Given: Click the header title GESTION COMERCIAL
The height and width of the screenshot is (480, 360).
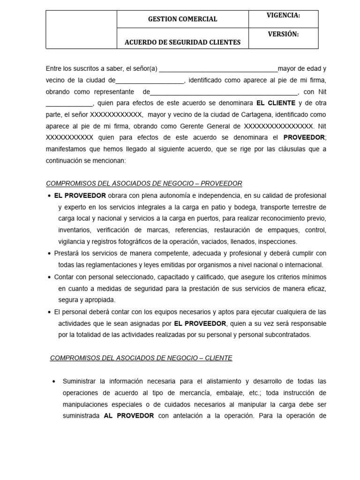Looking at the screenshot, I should coord(182,19).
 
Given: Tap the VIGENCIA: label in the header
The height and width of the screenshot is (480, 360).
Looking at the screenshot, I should coord(283,15).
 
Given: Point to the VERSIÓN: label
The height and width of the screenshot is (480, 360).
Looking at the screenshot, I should coord(283,34).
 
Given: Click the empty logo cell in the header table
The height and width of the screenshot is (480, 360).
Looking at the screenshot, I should coord(81,30).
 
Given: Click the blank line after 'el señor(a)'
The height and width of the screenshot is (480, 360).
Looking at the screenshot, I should coord(218,69).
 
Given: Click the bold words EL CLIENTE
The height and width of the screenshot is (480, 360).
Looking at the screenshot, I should coord(276,103).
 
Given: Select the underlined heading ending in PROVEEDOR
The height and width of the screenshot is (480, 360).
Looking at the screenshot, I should coord(144,184).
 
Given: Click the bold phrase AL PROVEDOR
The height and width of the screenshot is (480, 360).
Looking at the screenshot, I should coord(129,416).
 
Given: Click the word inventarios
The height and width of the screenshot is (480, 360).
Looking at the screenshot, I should coord(75,230).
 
